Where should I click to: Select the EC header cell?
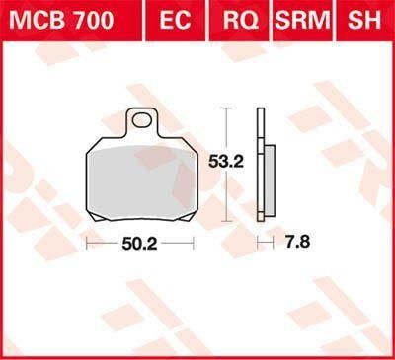click(x=172, y=19)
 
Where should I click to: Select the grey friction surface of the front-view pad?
click(x=138, y=178)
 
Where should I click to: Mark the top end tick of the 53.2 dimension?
click(x=230, y=108)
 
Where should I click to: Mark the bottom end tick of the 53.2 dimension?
click(x=230, y=220)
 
